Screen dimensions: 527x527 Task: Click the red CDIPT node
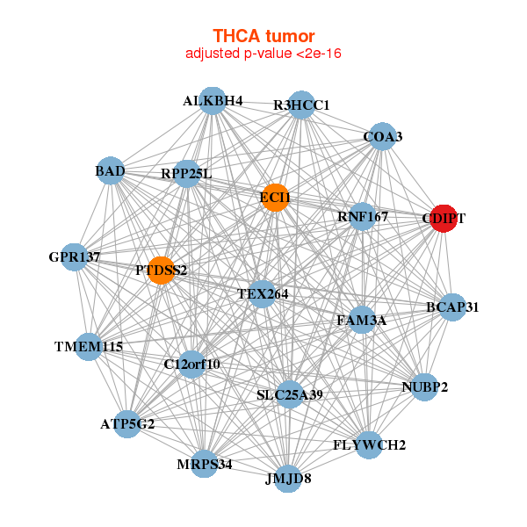pos(444,218)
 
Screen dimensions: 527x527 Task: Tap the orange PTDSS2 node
pos(161,270)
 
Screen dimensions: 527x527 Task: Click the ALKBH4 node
pos(212,101)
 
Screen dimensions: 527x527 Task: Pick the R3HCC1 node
pos(301,105)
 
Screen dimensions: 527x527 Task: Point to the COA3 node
pos(382,136)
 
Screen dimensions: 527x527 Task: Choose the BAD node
pos(111,170)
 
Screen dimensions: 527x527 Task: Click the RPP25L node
pos(187,174)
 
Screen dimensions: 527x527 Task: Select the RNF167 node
pos(363,216)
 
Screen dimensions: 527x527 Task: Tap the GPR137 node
pos(75,257)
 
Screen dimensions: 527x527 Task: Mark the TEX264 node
pos(263,293)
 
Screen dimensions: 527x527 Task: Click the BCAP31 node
pos(452,307)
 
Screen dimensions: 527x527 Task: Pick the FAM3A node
pos(361,321)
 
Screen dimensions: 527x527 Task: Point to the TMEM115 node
pos(89,347)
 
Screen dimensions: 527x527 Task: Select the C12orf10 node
pos(192,364)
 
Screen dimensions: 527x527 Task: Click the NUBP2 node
pos(425,386)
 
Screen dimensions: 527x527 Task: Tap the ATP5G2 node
pos(127,424)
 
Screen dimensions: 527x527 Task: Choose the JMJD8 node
pos(288,479)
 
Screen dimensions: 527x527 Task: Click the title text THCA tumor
pos(263,36)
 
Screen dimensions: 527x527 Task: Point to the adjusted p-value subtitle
pos(263,54)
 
